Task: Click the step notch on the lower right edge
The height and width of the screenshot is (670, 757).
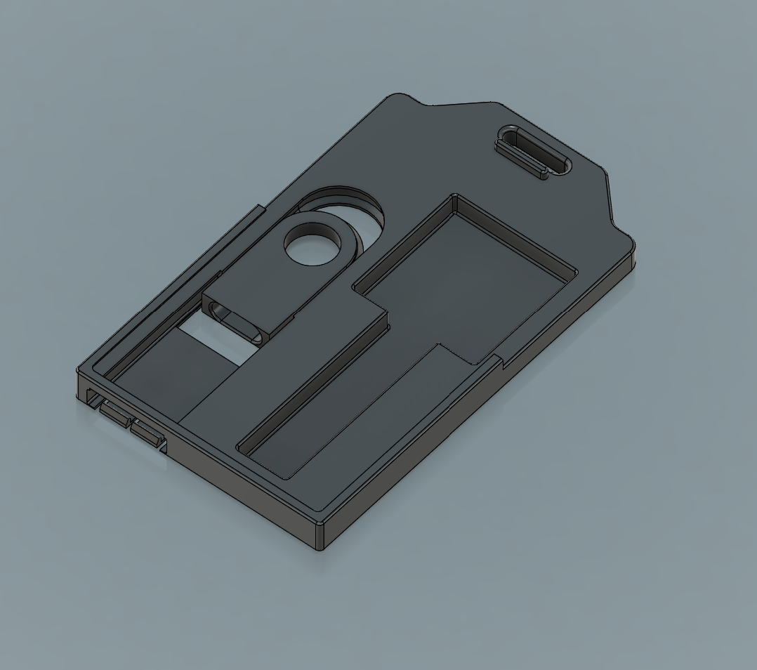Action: coord(499,362)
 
